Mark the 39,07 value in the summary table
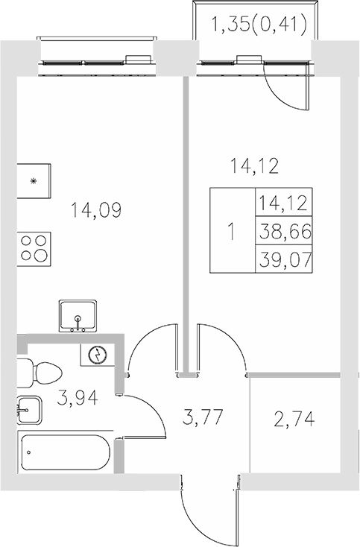[282, 259]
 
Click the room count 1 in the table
[231, 232]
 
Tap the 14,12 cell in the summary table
[282, 203]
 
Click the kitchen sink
[78, 316]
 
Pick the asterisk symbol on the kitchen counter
[33, 181]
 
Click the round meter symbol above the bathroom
[97, 355]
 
